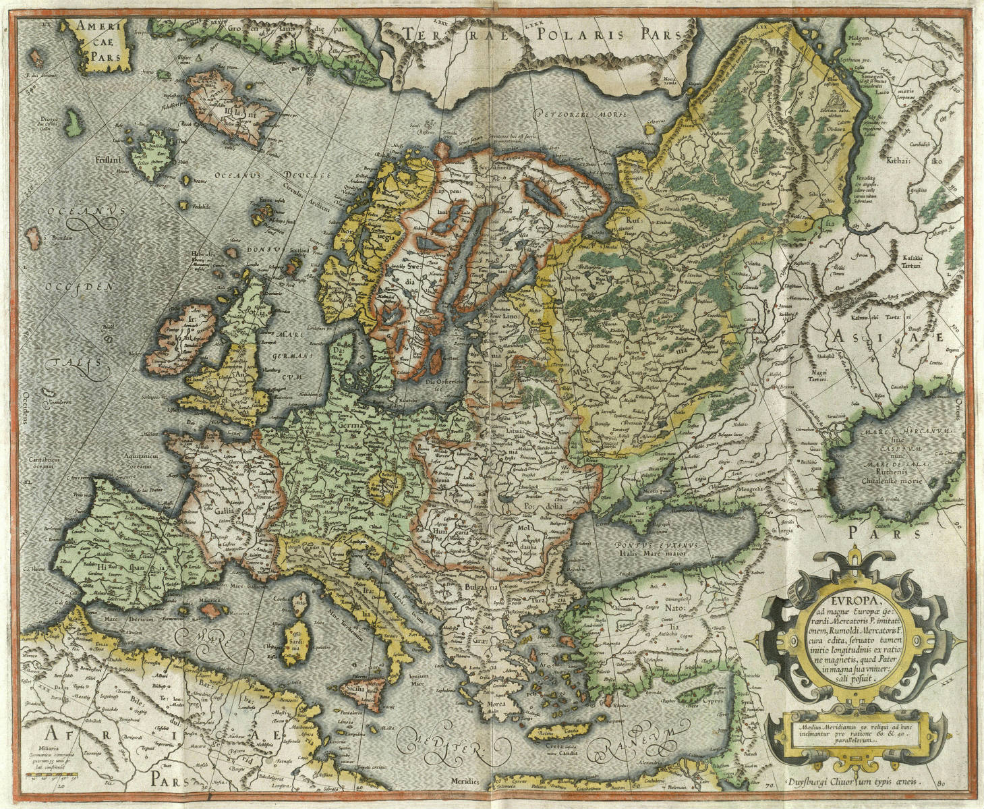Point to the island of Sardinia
(x=295, y=641)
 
